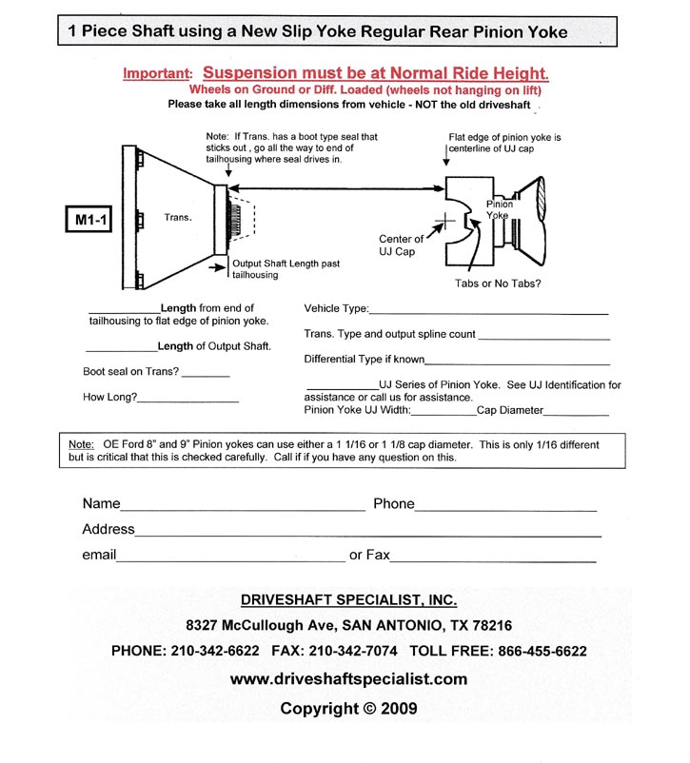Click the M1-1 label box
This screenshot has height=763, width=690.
[88, 221]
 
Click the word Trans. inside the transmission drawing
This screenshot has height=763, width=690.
[178, 218]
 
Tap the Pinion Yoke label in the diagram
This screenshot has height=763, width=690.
[500, 209]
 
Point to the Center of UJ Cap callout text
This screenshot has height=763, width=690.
[401, 245]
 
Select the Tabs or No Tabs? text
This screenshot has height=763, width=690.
[498, 283]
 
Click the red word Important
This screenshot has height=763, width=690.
[157, 73]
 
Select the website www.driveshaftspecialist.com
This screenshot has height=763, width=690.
[348, 678]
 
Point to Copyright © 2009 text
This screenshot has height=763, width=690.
[348, 709]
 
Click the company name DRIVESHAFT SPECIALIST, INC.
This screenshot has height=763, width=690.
[348, 600]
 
